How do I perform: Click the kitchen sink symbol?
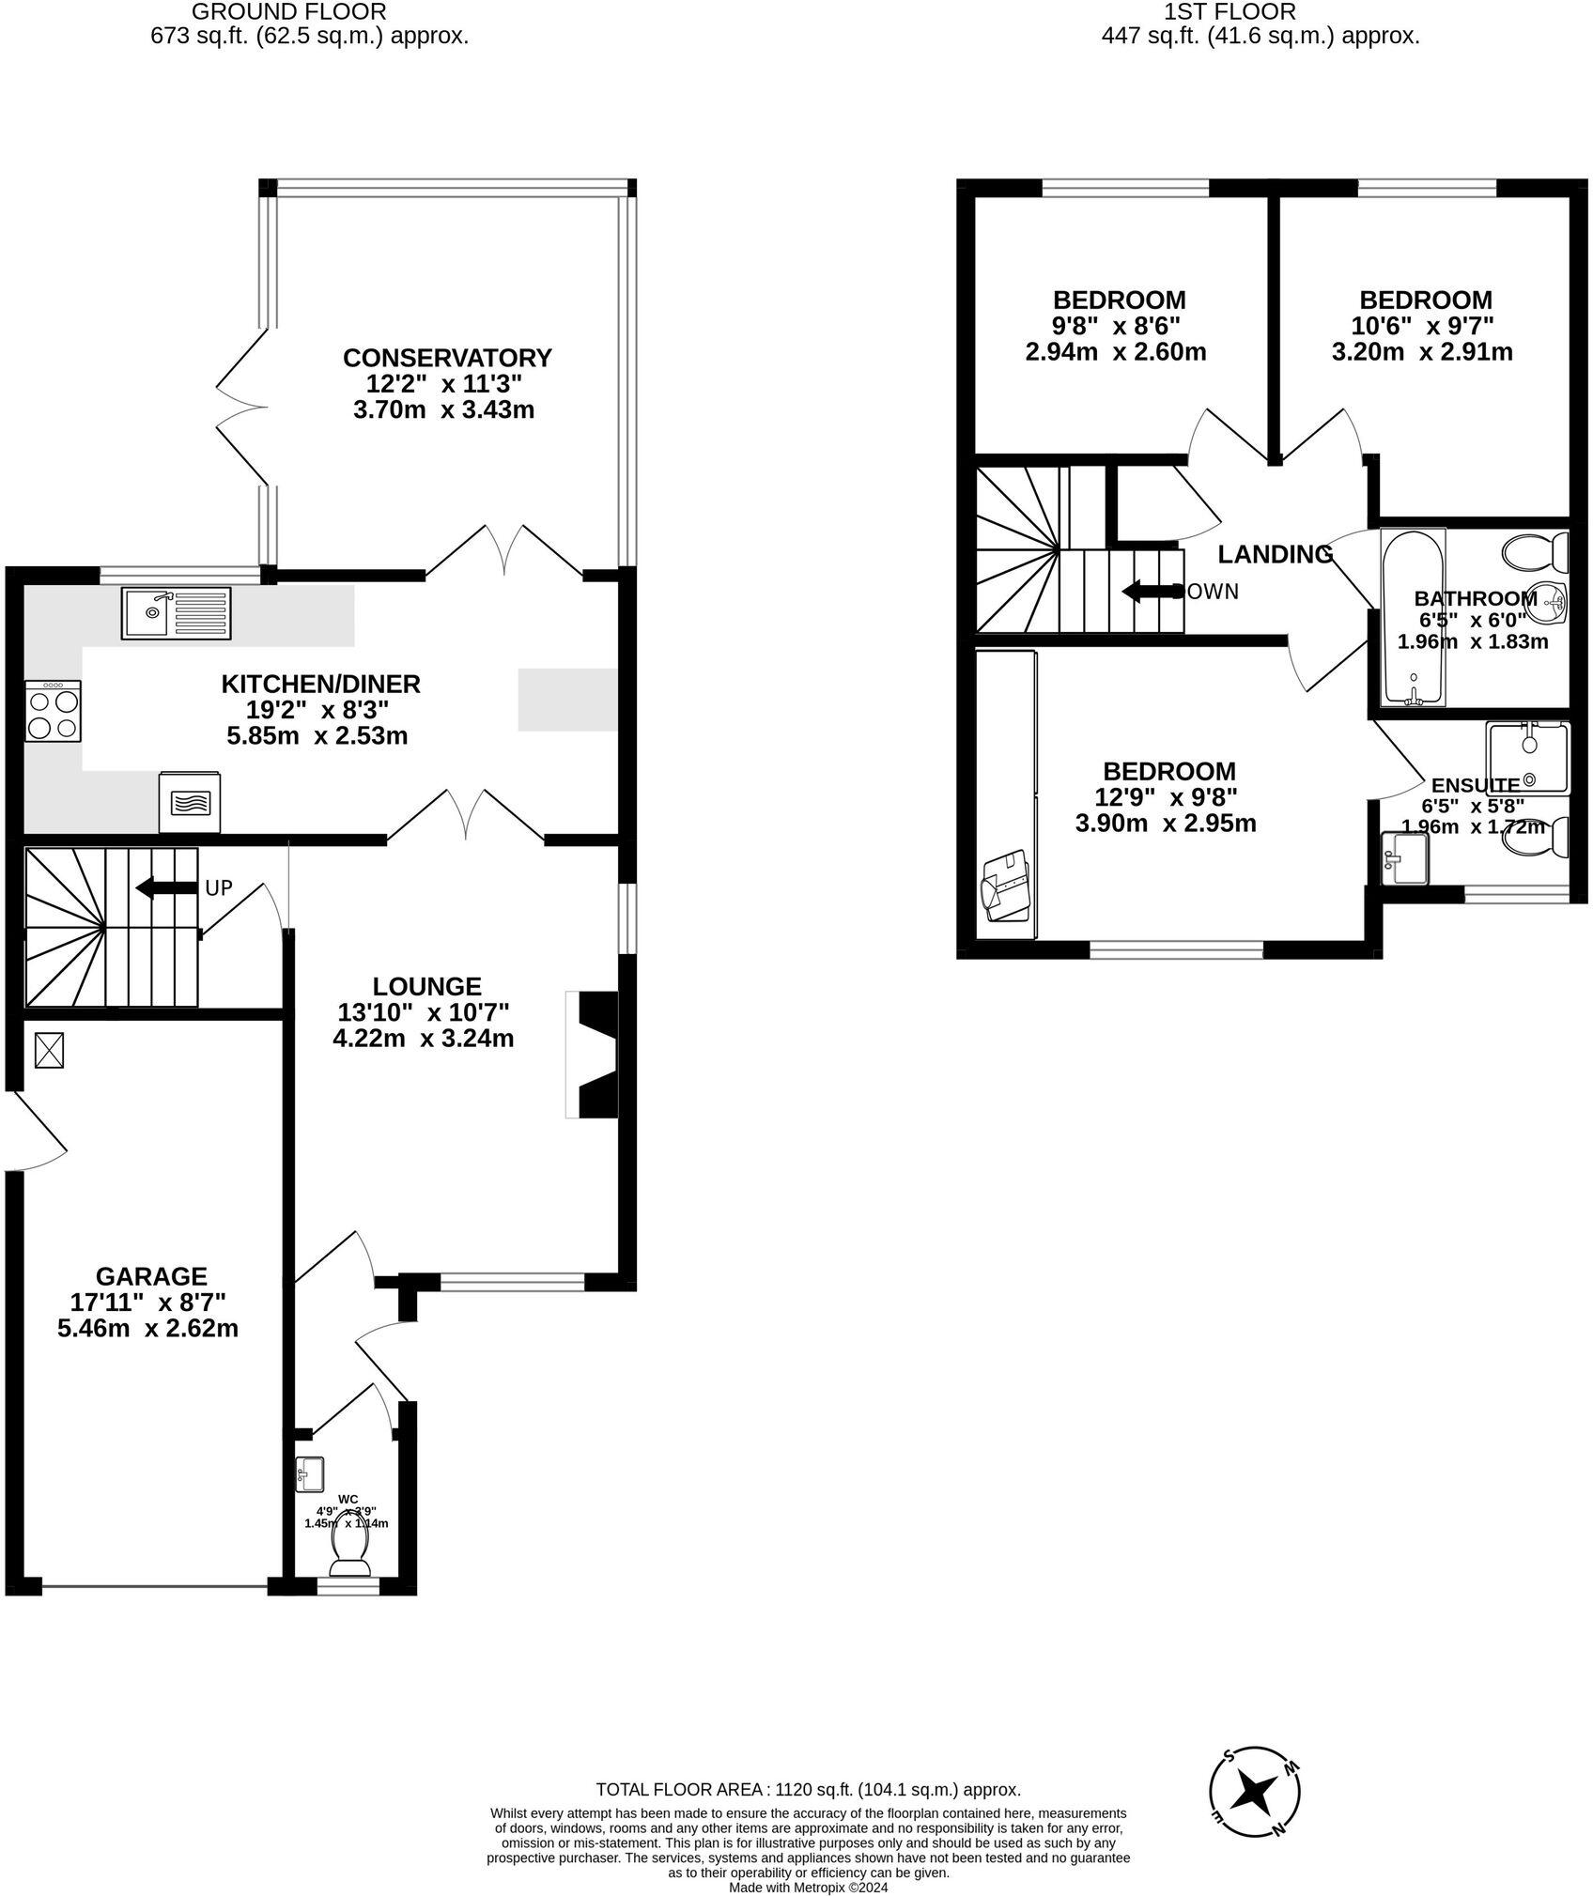point(176,612)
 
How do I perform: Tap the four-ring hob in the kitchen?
point(54,712)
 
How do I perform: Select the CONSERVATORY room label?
point(447,358)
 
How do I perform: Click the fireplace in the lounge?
point(595,1055)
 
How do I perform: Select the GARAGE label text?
point(151,1275)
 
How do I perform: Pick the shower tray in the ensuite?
point(1526,758)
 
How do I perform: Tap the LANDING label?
point(1275,554)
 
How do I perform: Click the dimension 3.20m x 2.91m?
point(1422,352)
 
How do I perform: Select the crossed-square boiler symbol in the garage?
point(51,1050)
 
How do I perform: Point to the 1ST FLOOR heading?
point(1230,12)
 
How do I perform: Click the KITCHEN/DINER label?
point(320,684)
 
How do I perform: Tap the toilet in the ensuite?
point(1538,837)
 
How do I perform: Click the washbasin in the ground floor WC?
point(309,1473)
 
